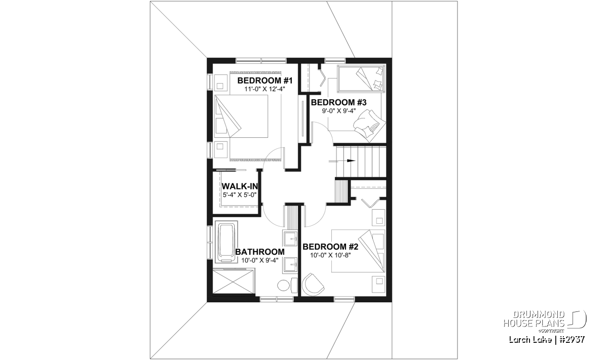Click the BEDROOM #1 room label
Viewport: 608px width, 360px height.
pos(264,81)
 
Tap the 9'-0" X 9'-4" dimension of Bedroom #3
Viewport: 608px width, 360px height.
pos(339,111)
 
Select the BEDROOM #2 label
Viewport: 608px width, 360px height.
pos(330,247)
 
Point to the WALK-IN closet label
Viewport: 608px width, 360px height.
pos(240,186)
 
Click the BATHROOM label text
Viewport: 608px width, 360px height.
pos(260,252)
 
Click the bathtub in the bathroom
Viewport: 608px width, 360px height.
pos(226,242)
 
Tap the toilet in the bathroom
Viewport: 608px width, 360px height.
pos(287,285)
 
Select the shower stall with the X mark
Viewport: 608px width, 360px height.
pos(234,281)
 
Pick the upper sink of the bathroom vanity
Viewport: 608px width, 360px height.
pos(290,238)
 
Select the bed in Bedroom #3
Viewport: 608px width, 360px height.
pos(361,78)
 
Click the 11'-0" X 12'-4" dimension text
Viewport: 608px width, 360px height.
pos(264,89)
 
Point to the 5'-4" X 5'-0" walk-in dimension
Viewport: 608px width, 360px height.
pos(240,195)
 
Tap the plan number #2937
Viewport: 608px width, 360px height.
pos(572,340)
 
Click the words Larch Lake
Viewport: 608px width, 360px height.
pos(530,340)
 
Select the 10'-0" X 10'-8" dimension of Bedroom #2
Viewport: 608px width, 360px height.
pos(330,255)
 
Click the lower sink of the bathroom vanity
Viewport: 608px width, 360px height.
pos(290,264)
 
